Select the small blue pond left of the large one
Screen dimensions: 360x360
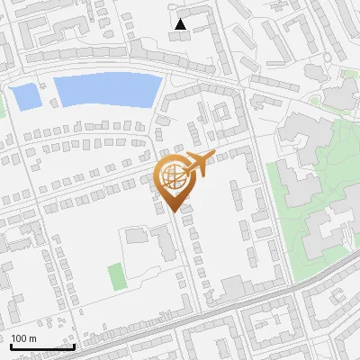(x=24, y=95)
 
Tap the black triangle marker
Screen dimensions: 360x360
(x=182, y=24)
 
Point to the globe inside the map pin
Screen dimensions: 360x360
(x=175, y=177)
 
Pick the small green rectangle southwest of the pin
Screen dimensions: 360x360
(x=117, y=276)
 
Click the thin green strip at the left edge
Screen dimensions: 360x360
(x=2, y=107)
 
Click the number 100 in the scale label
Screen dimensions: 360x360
(x=19, y=338)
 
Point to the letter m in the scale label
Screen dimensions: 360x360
(x=32, y=338)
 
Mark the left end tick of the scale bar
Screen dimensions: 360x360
(x=10, y=346)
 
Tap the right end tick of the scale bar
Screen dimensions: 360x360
(x=74, y=346)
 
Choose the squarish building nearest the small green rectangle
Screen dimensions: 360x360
(x=136, y=236)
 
